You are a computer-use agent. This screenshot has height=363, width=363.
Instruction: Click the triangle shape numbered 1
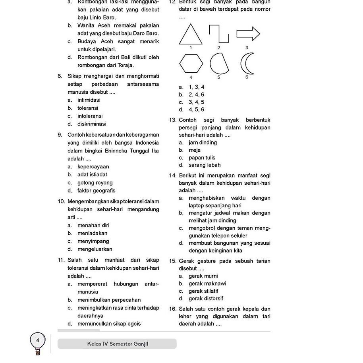[191, 35]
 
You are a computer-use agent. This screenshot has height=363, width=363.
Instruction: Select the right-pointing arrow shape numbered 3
[248, 34]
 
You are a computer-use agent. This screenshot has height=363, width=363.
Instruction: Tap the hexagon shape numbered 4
[191, 64]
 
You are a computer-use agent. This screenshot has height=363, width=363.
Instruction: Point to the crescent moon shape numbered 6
[246, 64]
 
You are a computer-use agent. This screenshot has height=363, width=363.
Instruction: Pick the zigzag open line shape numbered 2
[219, 33]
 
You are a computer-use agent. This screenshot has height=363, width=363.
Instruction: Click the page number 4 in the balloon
[38, 340]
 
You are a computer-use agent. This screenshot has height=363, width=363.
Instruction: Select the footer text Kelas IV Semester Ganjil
[118, 344]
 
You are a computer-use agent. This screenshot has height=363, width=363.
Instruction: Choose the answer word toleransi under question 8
[88, 108]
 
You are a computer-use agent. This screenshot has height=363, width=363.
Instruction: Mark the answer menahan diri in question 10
[93, 225]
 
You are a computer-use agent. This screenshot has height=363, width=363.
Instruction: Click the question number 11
[61, 260]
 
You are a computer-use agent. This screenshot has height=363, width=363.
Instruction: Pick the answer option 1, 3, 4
[197, 87]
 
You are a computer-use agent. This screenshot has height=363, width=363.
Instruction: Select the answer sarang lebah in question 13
[205, 165]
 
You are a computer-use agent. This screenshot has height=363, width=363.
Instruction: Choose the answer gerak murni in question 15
[203, 276]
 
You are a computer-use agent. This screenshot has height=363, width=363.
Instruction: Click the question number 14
[173, 176]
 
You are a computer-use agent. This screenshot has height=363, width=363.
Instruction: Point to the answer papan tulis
[202, 158]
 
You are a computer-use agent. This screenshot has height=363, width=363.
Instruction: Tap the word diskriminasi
[92, 124]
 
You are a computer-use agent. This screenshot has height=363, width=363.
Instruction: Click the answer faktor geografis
[96, 191]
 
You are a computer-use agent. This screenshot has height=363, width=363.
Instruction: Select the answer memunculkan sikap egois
[109, 324]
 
